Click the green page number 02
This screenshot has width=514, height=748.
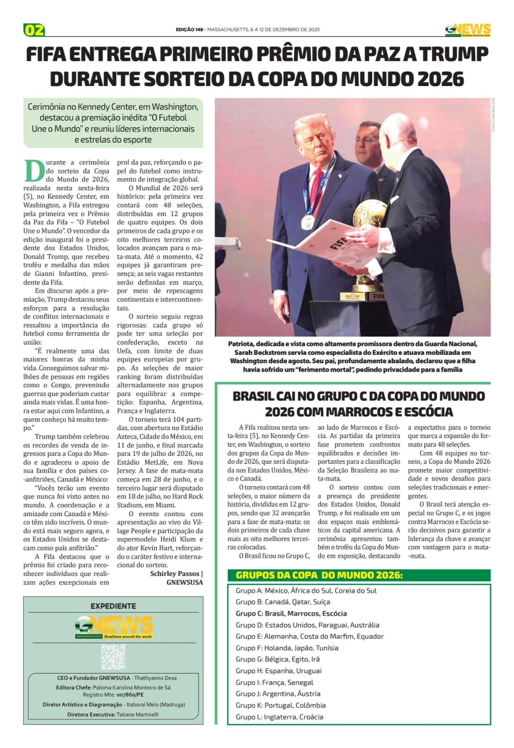click(34, 30)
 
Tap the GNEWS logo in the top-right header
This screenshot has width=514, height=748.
click(468, 30)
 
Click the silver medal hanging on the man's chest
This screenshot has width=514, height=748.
click(307, 223)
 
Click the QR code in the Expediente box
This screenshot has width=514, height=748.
click(113, 656)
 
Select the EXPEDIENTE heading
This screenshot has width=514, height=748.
click(113, 606)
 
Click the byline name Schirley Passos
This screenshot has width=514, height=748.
click(174, 574)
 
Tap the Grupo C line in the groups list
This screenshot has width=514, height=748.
click(291, 613)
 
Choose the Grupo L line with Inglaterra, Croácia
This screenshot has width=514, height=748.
click(279, 717)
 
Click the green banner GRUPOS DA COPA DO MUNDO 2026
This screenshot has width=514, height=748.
click(319, 575)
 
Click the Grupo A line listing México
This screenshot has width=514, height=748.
click(306, 590)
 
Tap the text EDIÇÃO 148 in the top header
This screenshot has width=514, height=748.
click(189, 29)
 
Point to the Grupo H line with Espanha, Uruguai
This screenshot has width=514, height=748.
click(278, 671)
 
